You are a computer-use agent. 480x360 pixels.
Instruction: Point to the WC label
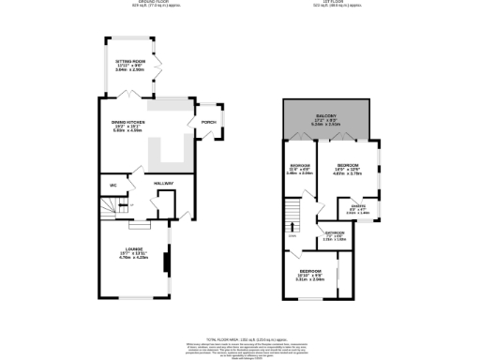tap(112, 186)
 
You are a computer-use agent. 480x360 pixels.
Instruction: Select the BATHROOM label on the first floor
tap(335, 232)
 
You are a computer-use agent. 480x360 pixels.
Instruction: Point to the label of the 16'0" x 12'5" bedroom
tap(349, 166)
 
